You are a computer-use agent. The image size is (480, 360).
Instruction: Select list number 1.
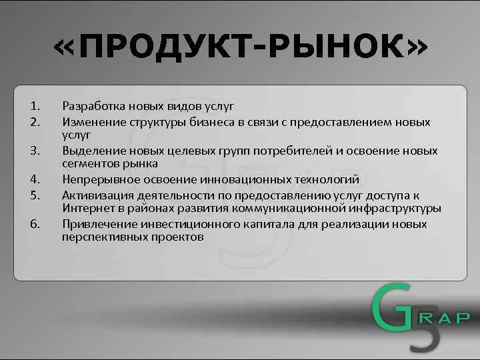[36, 105]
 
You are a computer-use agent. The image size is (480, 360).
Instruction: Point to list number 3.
[36, 151]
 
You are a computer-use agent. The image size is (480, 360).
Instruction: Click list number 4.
[36, 179]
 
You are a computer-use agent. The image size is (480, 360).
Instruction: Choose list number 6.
[36, 224]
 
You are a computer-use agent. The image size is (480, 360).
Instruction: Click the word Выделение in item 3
[93, 151]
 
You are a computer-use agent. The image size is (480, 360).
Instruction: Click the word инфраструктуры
[397, 208]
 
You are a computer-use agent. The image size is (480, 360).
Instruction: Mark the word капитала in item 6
[275, 224]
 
